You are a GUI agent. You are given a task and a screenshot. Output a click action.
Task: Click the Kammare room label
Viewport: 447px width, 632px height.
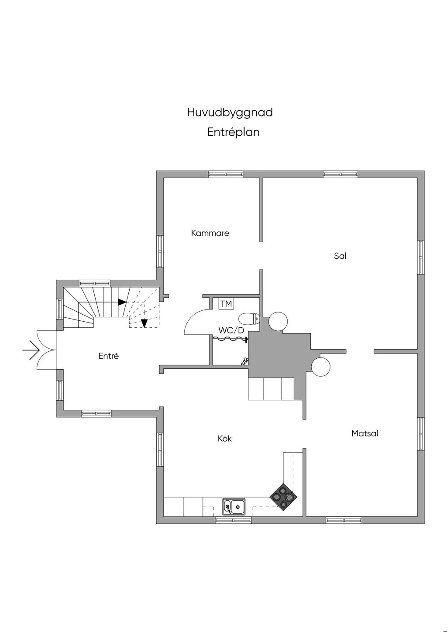pos(210,233)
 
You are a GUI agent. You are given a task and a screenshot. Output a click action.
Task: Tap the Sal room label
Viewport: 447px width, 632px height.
pos(340,256)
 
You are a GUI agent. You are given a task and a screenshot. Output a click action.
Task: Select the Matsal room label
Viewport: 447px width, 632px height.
pos(364,433)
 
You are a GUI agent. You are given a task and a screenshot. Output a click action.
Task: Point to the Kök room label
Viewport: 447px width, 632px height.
pos(224,439)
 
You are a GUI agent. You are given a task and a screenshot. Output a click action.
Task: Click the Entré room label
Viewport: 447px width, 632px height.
pos(109,356)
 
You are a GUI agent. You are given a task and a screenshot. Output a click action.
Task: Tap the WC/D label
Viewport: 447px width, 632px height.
pos(231,330)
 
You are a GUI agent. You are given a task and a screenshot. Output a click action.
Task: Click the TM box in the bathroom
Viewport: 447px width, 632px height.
pos(226,303)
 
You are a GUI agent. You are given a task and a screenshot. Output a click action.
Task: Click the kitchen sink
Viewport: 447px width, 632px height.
pos(234,507)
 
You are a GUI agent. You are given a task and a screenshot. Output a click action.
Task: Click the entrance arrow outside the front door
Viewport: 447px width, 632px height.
pos(31,350)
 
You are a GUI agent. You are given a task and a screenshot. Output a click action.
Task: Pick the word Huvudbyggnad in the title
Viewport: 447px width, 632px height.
pos(230,113)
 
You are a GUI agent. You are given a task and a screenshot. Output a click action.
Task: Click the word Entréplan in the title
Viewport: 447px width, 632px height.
pos(233,132)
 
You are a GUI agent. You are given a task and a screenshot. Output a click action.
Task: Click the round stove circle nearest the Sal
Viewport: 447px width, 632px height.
pos(278,322)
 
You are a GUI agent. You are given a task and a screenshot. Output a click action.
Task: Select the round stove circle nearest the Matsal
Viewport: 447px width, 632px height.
pos(320,366)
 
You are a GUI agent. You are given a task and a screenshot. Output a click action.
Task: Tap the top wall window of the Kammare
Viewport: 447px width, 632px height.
pos(225,174)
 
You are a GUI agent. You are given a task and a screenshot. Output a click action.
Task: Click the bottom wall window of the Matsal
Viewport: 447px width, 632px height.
pos(344,520)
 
